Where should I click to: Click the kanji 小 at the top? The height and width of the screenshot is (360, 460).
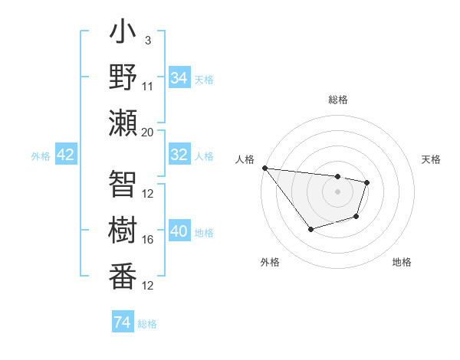click(123, 35)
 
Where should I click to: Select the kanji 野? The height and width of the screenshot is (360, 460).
click(123, 77)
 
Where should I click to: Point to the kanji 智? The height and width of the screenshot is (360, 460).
click(123, 184)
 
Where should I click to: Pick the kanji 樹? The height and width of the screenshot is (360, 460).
click(123, 229)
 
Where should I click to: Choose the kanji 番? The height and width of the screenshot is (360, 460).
click(123, 274)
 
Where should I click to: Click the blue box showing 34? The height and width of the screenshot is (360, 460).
click(179, 77)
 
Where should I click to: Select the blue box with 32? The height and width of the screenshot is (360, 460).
click(179, 155)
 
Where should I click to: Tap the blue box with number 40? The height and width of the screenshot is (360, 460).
click(179, 231)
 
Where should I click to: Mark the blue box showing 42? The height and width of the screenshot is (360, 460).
click(66, 155)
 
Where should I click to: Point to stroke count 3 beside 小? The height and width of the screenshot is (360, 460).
click(148, 40)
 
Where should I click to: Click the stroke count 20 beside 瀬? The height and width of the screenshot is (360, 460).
click(148, 131)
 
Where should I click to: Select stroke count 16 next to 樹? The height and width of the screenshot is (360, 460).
click(148, 240)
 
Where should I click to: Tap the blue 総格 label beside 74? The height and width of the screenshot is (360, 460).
click(147, 324)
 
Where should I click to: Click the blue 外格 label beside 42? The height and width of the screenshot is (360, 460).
click(41, 156)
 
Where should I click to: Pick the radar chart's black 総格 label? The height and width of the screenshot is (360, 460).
click(337, 100)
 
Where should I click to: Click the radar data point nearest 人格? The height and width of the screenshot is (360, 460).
click(264, 168)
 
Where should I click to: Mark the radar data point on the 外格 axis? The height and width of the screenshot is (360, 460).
click(310, 229)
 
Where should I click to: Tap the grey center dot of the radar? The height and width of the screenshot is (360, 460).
click(337, 191)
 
